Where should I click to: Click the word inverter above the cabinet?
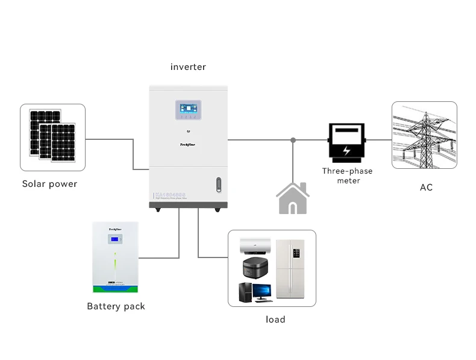click(188, 67)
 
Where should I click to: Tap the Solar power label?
click(49, 184)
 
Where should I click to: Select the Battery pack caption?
click(116, 306)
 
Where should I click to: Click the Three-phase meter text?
click(347, 175)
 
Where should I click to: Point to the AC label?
click(426, 188)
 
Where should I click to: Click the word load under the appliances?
click(275, 319)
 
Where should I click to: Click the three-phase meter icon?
click(346, 141)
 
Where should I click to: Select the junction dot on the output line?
click(293, 140)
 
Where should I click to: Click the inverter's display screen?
click(188, 110)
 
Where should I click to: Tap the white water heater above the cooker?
click(256, 247)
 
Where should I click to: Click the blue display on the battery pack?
click(115, 240)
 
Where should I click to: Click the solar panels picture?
click(52, 137)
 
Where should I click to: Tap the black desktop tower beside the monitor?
click(246, 293)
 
